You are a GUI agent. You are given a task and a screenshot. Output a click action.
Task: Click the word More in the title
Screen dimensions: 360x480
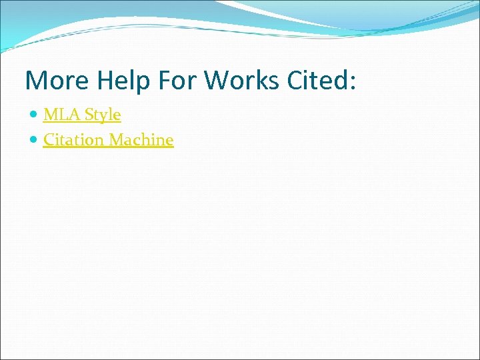click(57, 80)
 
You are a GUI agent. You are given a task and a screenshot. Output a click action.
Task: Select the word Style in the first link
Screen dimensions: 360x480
click(102, 115)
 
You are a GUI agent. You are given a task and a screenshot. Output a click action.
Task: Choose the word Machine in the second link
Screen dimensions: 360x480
click(141, 140)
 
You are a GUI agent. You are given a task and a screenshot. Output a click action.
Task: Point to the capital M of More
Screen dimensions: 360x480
click(36, 80)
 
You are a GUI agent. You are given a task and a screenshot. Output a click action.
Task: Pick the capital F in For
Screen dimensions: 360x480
click(165, 80)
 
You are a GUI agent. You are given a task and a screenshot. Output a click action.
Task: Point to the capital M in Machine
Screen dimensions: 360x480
click(117, 140)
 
